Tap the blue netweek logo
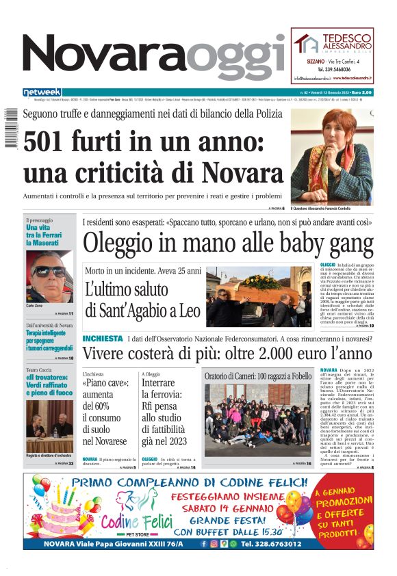42,92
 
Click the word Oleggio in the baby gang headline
123,244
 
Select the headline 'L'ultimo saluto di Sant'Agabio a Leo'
143,300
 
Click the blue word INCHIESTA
103,339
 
